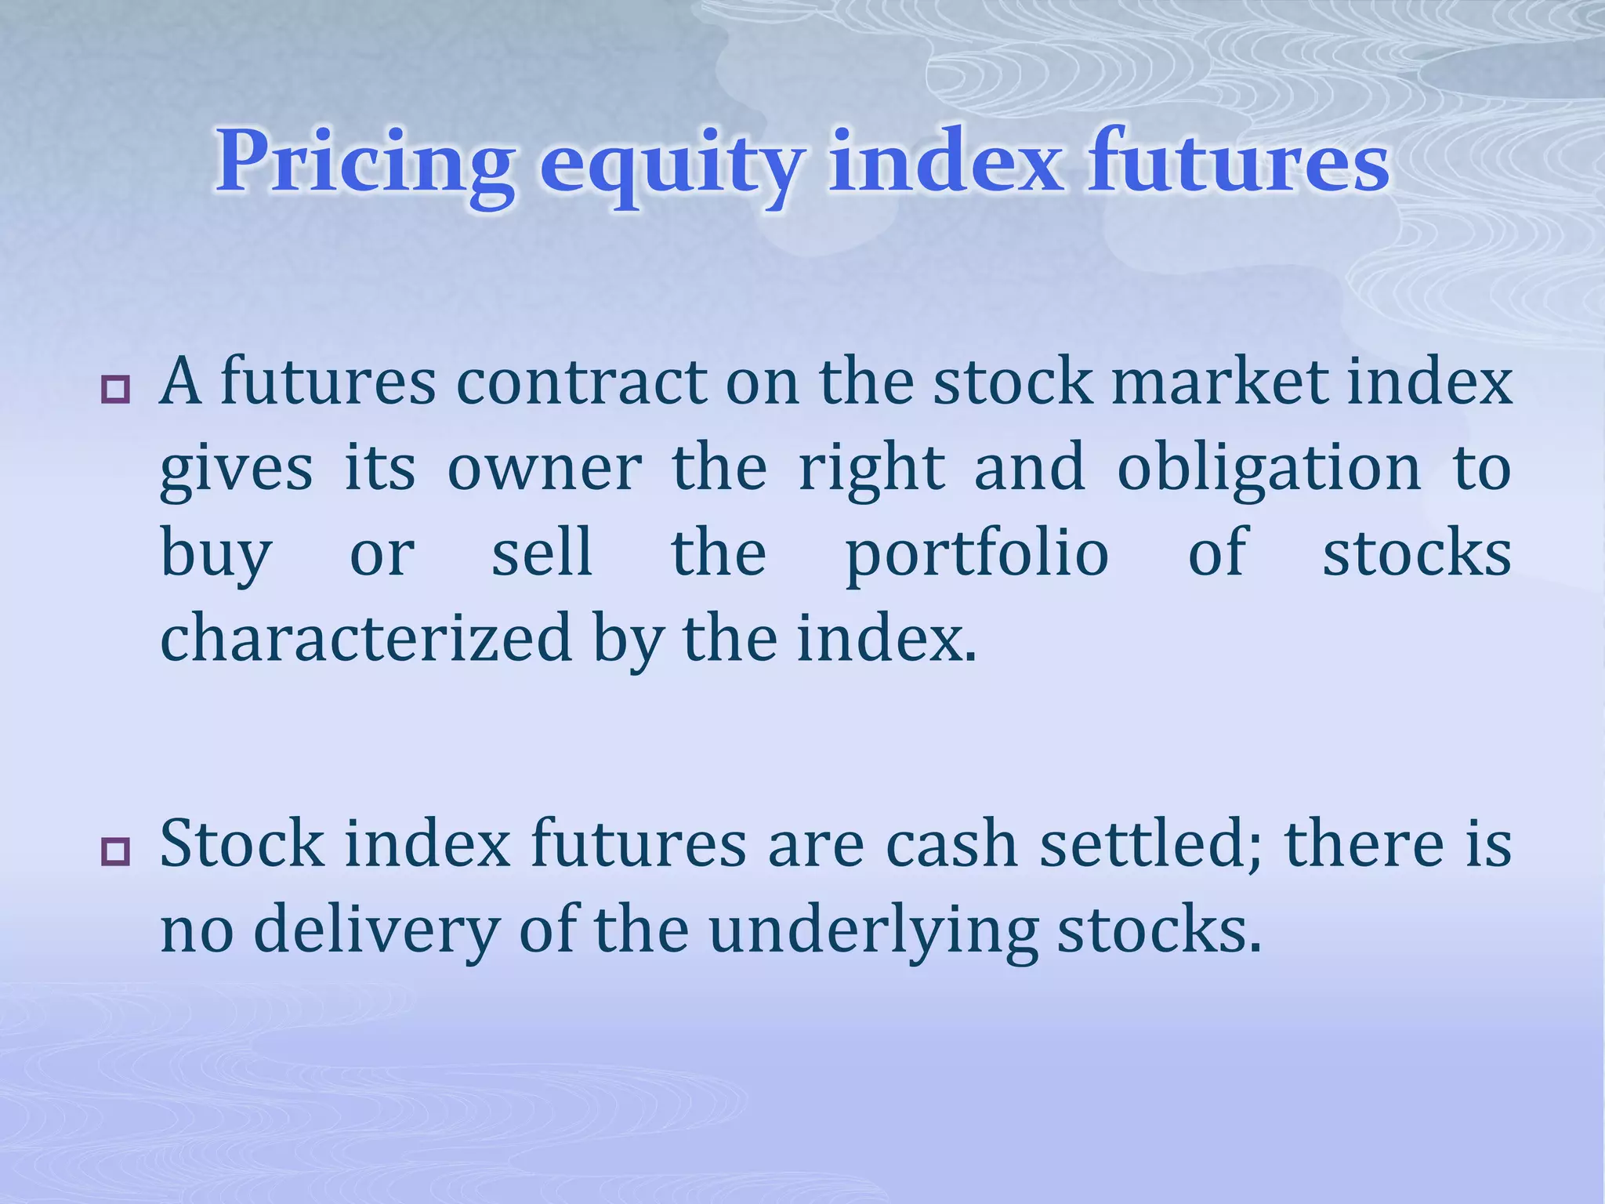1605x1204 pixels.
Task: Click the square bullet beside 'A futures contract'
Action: [115, 388]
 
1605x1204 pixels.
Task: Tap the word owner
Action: [545, 468]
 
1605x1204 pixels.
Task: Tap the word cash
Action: [951, 844]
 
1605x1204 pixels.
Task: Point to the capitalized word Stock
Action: [242, 844]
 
